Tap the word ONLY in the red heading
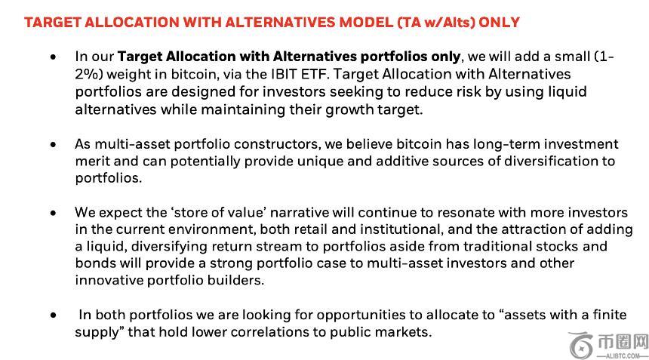(499, 22)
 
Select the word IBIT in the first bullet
(285, 74)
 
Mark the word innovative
(109, 280)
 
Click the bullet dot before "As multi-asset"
(54, 144)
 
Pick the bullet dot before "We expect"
(54, 213)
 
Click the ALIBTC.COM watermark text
(623, 356)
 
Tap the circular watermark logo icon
(582, 346)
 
